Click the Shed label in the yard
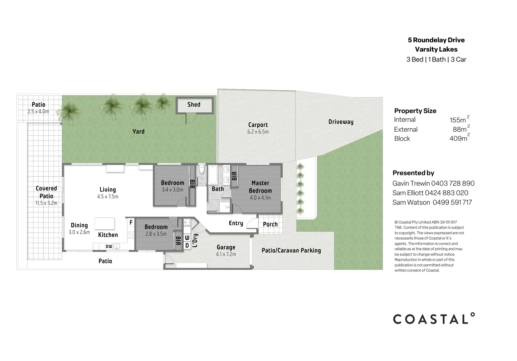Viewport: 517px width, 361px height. (194, 105)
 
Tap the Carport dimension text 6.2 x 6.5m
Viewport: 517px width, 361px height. (258, 132)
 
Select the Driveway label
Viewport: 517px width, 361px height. (341, 122)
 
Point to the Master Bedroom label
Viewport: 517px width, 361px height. (260, 187)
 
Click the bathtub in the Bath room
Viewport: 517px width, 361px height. (212, 174)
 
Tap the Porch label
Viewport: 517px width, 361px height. (270, 224)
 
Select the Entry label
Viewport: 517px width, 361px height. (236, 223)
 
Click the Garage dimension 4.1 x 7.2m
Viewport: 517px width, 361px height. (226, 254)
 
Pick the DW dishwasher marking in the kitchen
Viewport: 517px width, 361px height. (109, 247)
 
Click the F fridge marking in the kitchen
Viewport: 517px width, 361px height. (131, 222)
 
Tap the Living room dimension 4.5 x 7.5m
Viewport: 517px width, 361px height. (107, 197)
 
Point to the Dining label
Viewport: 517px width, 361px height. (79, 225)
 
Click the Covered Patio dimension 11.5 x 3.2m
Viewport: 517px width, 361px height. (46, 203)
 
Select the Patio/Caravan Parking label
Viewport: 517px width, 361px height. (291, 250)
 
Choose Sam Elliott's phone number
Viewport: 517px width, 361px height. (446, 193)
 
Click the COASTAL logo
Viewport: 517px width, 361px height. (434, 319)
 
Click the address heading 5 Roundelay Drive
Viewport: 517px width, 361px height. (436, 40)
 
